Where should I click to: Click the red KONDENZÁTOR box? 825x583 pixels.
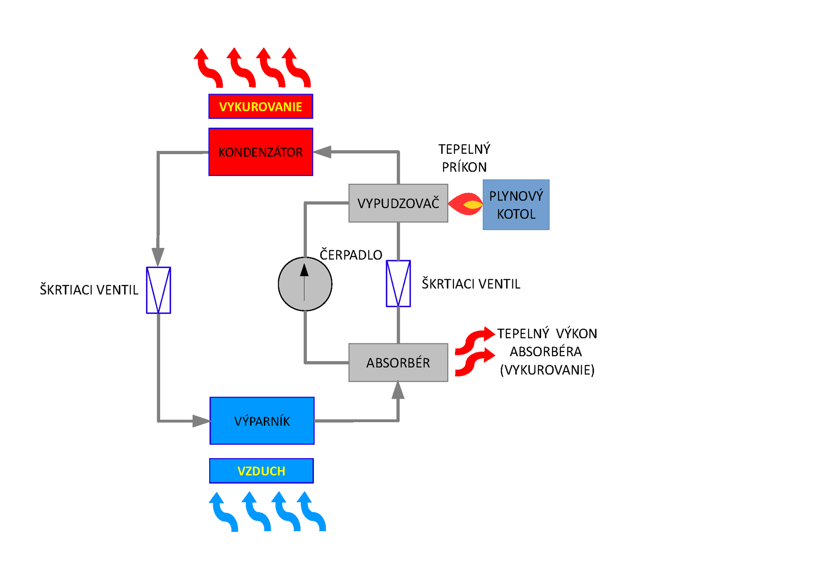261,152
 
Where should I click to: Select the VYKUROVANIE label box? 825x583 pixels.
261,106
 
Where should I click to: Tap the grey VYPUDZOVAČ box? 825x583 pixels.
398,203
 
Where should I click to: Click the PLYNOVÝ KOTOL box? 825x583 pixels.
516,205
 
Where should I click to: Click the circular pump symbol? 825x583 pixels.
305,284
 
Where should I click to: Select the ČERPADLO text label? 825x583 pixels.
351,255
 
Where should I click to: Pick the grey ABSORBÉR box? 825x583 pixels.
398,362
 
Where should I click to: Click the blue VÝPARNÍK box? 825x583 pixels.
262,421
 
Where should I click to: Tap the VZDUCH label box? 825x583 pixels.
262,471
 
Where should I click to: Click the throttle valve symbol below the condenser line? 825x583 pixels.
158,290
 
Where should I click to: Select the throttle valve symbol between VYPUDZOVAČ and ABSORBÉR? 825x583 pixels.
398,284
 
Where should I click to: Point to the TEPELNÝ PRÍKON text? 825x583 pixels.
464,158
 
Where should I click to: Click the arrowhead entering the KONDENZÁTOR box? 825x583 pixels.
323,152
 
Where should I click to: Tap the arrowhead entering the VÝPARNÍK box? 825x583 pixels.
201,421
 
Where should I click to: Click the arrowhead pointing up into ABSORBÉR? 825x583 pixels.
398,390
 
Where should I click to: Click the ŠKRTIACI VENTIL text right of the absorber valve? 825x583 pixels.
471,284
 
